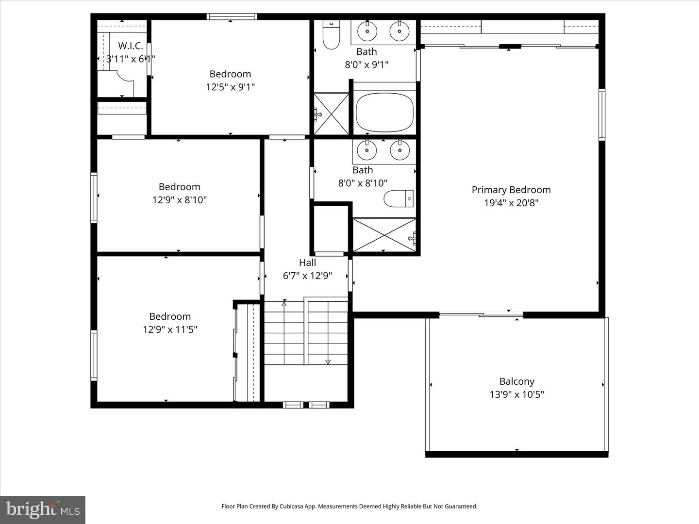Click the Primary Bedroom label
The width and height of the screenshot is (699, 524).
(511, 190)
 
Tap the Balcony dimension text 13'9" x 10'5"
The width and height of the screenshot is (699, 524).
(516, 394)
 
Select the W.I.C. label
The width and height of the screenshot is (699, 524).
(131, 46)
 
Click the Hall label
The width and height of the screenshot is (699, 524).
(307, 262)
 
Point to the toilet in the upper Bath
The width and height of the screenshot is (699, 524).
(332, 35)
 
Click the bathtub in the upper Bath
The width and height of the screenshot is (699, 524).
(384, 113)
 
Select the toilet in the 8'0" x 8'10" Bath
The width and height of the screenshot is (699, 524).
(399, 198)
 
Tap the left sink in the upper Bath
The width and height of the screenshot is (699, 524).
(367, 32)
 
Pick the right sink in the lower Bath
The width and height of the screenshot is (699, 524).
(399, 151)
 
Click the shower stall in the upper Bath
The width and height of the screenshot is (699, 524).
(331, 114)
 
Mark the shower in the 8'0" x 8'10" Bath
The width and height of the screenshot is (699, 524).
(384, 235)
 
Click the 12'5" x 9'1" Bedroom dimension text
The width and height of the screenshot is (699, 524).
(230, 87)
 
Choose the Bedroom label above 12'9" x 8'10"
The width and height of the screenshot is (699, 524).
(179, 187)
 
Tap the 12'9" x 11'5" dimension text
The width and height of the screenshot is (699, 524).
(170, 330)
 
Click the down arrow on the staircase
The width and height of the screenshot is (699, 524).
(328, 361)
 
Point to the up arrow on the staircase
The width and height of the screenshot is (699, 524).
(284, 304)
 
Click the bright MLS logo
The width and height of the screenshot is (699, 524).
(43, 510)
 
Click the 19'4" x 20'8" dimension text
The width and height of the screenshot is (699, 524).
(511, 203)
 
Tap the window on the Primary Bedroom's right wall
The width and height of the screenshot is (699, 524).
(602, 115)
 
